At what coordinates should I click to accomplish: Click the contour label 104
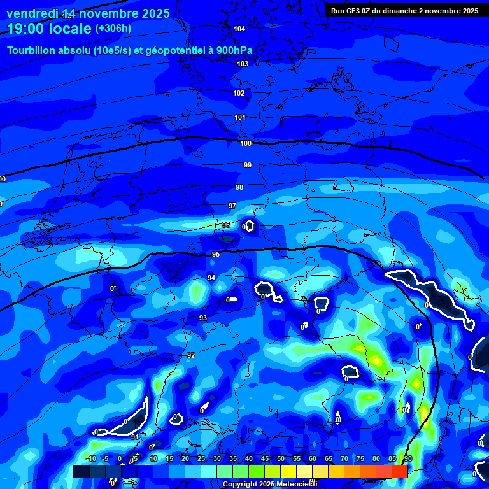pos(239,29)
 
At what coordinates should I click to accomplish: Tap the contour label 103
pos(243,64)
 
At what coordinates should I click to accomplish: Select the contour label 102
pos(239,93)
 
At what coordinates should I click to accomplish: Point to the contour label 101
pos(240,117)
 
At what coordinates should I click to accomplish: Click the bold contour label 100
pos(246,143)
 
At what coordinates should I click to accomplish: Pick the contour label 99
pos(248,165)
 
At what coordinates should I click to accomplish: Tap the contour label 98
pos(239,187)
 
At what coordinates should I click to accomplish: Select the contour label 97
pos(232,206)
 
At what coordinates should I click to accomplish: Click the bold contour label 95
pos(216,254)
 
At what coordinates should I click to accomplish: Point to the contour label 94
pos(211,278)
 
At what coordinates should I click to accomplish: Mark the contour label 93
pos(203,318)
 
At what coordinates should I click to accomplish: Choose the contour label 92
pos(191,355)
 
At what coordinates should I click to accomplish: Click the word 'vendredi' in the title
pos(32,13)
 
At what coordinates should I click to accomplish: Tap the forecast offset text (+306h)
pos(113,29)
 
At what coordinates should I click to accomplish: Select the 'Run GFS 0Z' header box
pos(404,11)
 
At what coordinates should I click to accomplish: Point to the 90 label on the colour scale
pos(408,458)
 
